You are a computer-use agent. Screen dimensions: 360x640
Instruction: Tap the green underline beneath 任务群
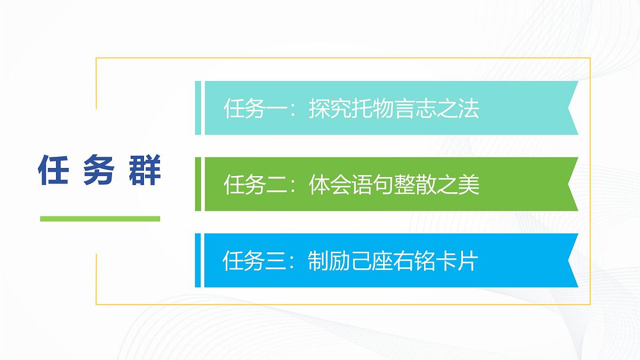(100, 218)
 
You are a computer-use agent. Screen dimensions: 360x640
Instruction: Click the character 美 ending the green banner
(469, 185)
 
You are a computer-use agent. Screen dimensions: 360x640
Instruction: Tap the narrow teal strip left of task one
(198, 108)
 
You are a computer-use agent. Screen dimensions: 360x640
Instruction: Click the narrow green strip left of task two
(198, 184)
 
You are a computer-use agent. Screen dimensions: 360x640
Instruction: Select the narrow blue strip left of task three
(198, 260)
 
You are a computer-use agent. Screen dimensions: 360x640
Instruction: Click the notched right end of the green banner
(571, 184)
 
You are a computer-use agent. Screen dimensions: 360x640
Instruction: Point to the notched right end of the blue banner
(571, 260)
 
